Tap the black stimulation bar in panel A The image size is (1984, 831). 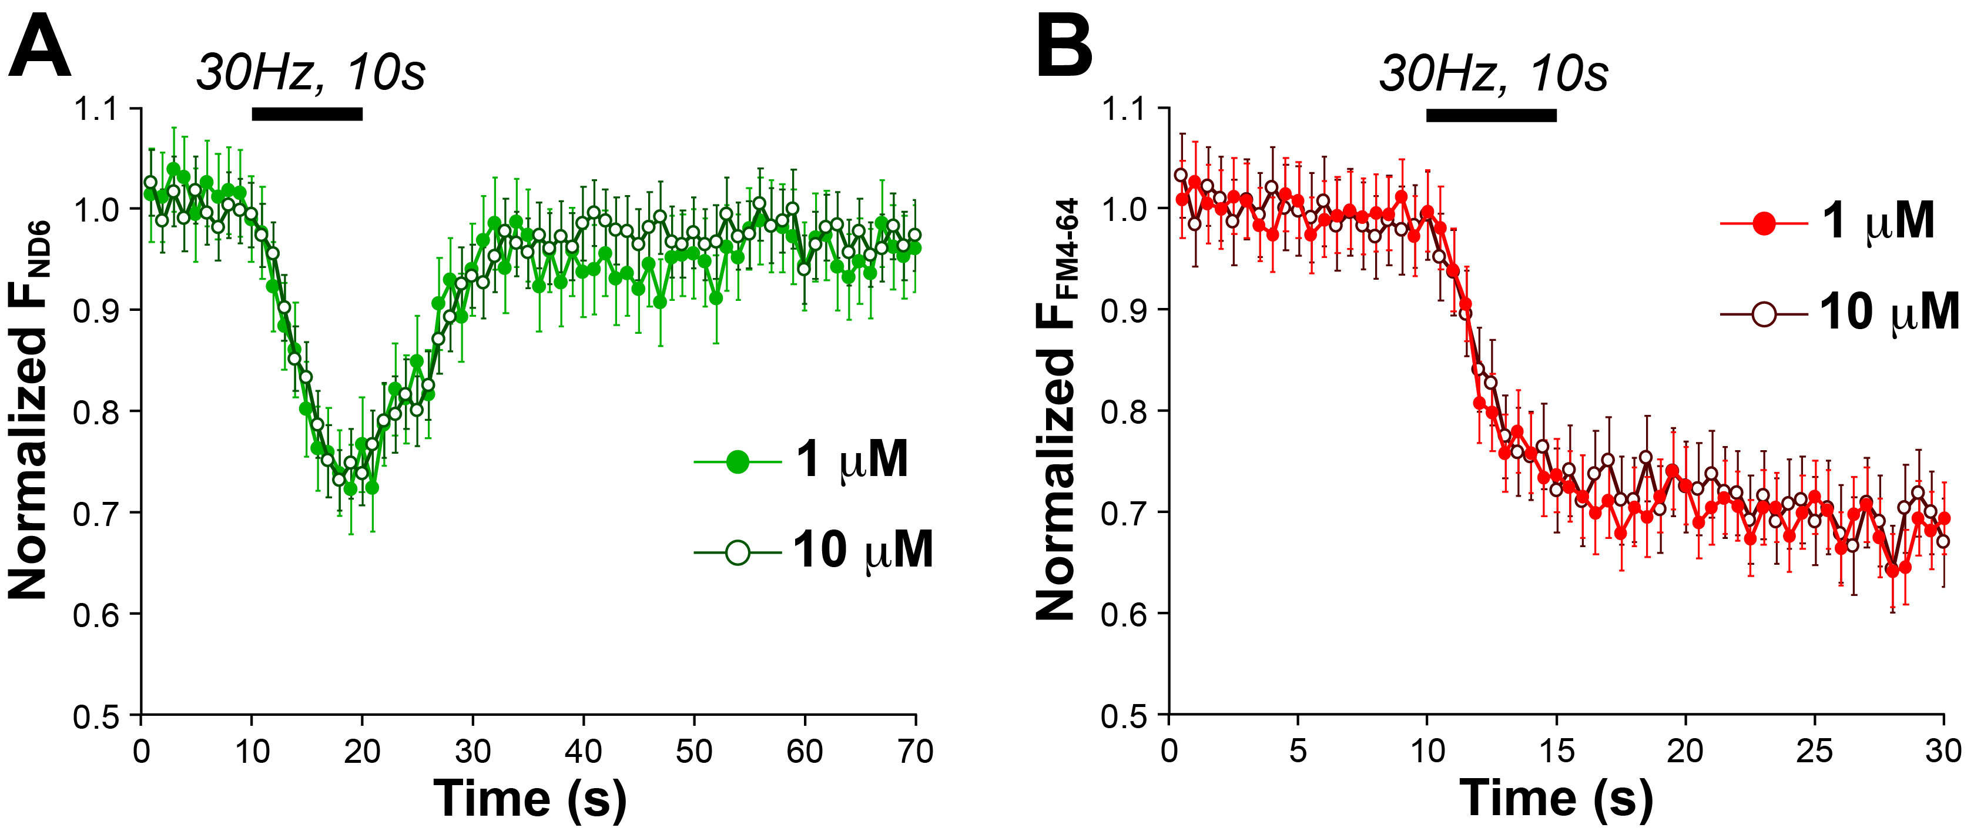tap(307, 114)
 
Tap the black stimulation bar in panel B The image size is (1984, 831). tap(1491, 115)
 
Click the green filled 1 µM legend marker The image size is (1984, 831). tap(737, 461)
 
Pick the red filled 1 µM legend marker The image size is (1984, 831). tap(1764, 224)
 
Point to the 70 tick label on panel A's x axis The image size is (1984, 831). tap(915, 751)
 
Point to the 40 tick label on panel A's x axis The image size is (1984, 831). tap(583, 751)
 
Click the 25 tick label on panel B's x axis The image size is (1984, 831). tap(1814, 751)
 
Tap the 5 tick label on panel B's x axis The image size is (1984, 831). tap(1298, 751)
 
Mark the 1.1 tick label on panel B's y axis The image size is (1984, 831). tap(1124, 109)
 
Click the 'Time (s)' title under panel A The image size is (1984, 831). tap(530, 798)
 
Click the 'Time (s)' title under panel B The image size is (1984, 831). tap(1557, 798)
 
